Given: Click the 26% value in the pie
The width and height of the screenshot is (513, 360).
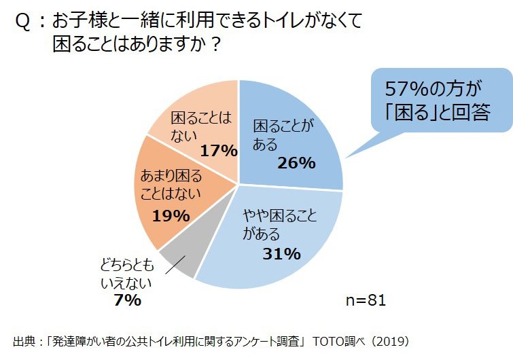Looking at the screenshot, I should point(296,163).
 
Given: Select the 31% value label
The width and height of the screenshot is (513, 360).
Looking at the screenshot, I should point(281,254).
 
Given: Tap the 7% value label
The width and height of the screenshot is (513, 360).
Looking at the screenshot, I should point(128,300).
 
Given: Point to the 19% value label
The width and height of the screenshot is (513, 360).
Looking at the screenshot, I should point(171,216).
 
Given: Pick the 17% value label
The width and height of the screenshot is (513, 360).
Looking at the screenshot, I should point(217,150).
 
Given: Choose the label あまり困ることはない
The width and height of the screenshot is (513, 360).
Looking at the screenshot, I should point(171,185).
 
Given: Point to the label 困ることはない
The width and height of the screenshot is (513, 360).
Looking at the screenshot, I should point(200,127).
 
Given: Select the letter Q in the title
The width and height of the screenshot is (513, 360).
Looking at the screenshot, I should point(22,22).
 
